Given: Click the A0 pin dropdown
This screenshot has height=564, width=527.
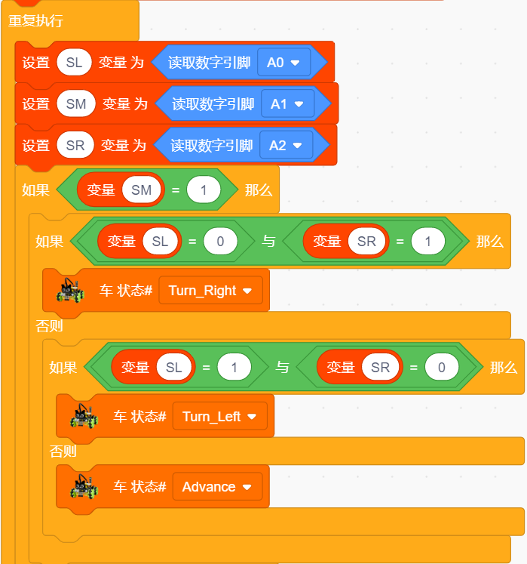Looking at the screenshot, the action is click(283, 63).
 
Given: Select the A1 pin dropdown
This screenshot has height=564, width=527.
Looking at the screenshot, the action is click(287, 104).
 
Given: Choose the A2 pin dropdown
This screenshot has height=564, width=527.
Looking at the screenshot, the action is click(286, 146).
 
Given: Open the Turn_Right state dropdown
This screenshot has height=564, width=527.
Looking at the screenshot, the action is click(210, 290).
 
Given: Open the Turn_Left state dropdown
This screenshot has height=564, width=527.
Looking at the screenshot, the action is click(220, 417).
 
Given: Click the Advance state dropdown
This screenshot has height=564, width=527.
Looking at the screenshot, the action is click(217, 487).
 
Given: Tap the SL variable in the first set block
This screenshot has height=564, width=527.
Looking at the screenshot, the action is click(75, 63).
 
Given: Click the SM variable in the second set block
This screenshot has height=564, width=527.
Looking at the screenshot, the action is click(76, 104).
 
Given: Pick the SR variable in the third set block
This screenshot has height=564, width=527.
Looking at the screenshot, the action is click(75, 146).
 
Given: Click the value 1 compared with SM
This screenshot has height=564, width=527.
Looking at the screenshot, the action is click(204, 190).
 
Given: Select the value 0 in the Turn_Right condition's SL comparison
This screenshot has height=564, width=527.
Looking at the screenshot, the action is click(220, 242).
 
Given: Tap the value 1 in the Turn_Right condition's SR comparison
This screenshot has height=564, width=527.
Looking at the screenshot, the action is click(427, 242).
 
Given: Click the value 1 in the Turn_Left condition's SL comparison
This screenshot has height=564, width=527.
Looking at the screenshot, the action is click(234, 368).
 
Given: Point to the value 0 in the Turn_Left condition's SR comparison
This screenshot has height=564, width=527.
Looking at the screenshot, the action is click(442, 368).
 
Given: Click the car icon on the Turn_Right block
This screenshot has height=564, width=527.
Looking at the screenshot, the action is click(70, 290).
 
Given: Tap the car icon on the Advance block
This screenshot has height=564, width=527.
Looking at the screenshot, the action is click(84, 487).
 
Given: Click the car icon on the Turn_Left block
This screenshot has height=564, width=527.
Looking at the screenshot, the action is click(84, 416).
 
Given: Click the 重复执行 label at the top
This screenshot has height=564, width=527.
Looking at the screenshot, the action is click(35, 21).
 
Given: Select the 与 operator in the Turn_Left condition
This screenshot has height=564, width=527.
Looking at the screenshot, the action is click(283, 368).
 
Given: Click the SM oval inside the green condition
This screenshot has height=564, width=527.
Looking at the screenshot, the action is click(142, 190).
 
